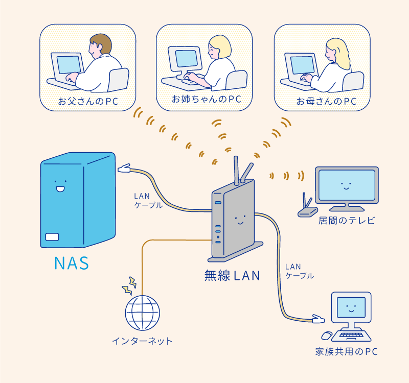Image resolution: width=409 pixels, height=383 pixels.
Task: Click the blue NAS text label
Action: pyautogui.click(x=72, y=264)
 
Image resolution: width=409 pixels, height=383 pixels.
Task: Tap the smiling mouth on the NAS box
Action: pyautogui.click(x=60, y=189)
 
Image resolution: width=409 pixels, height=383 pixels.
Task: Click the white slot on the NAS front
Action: pyautogui.click(x=52, y=237)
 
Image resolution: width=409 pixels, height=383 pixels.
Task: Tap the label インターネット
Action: pyautogui.click(x=142, y=341)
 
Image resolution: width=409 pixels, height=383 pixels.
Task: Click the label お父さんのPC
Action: pyautogui.click(x=88, y=101)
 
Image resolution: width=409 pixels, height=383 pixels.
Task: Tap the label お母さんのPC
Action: pyautogui.click(x=326, y=101)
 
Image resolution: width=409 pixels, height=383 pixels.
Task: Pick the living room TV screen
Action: pyautogui.click(x=347, y=185)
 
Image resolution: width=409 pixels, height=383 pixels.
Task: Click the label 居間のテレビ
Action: pyautogui.click(x=347, y=221)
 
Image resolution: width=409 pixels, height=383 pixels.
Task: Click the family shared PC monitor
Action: pyautogui.click(x=350, y=307)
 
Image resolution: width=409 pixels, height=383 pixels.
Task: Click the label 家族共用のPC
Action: pyautogui.click(x=347, y=352)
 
